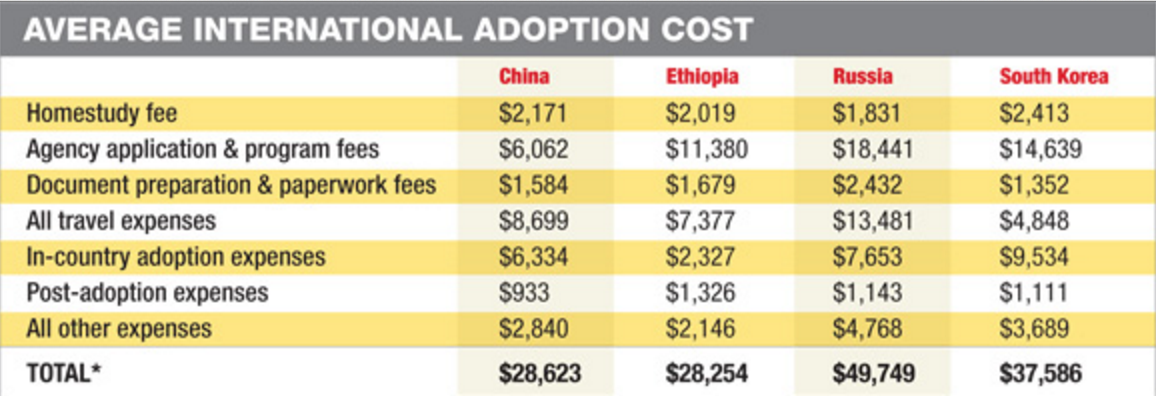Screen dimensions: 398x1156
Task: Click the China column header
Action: (524, 77)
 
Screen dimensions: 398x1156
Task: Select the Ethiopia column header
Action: (702, 77)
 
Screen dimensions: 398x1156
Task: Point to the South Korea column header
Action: (1054, 77)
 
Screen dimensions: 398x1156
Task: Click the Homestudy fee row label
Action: (102, 114)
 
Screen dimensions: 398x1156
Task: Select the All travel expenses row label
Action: (121, 220)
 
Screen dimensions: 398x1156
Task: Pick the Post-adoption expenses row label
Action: (148, 293)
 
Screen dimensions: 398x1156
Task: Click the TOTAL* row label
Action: (68, 373)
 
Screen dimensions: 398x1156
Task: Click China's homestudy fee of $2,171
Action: (533, 114)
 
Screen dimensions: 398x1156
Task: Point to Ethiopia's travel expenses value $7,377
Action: (701, 220)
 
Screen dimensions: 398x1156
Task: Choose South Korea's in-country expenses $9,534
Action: (1034, 257)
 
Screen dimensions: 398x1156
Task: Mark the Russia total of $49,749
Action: (874, 373)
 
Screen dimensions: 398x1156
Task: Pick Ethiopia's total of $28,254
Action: (707, 373)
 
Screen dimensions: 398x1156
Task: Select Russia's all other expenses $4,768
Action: (868, 328)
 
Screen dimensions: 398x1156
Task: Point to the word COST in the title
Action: (706, 28)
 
